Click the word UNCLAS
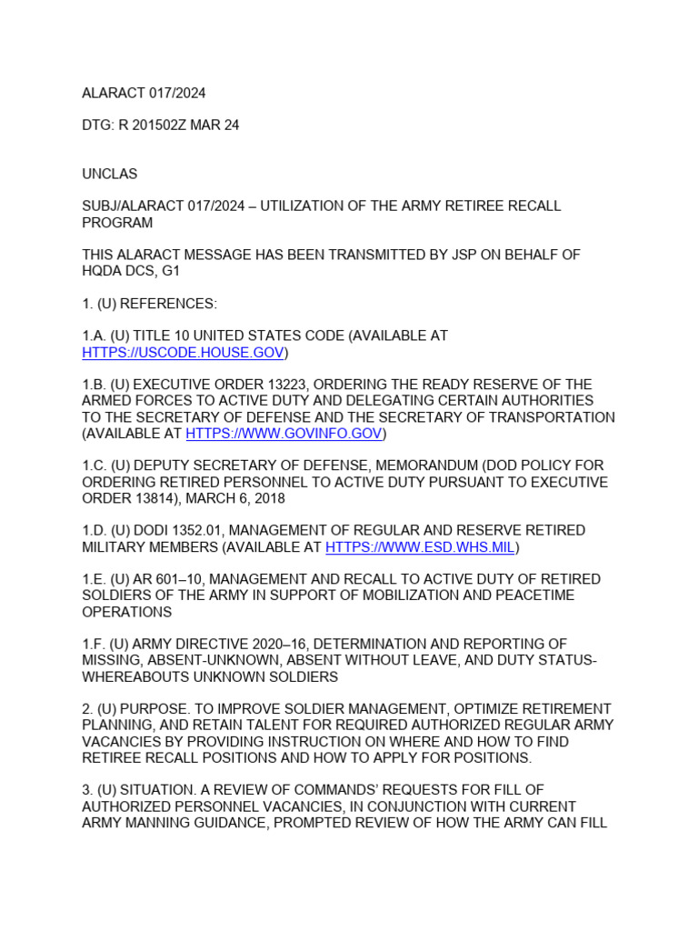(x=110, y=174)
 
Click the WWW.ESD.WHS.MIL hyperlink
(x=421, y=547)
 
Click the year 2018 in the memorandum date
(x=269, y=498)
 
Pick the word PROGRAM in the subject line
(x=117, y=223)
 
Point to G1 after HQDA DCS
(x=172, y=271)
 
